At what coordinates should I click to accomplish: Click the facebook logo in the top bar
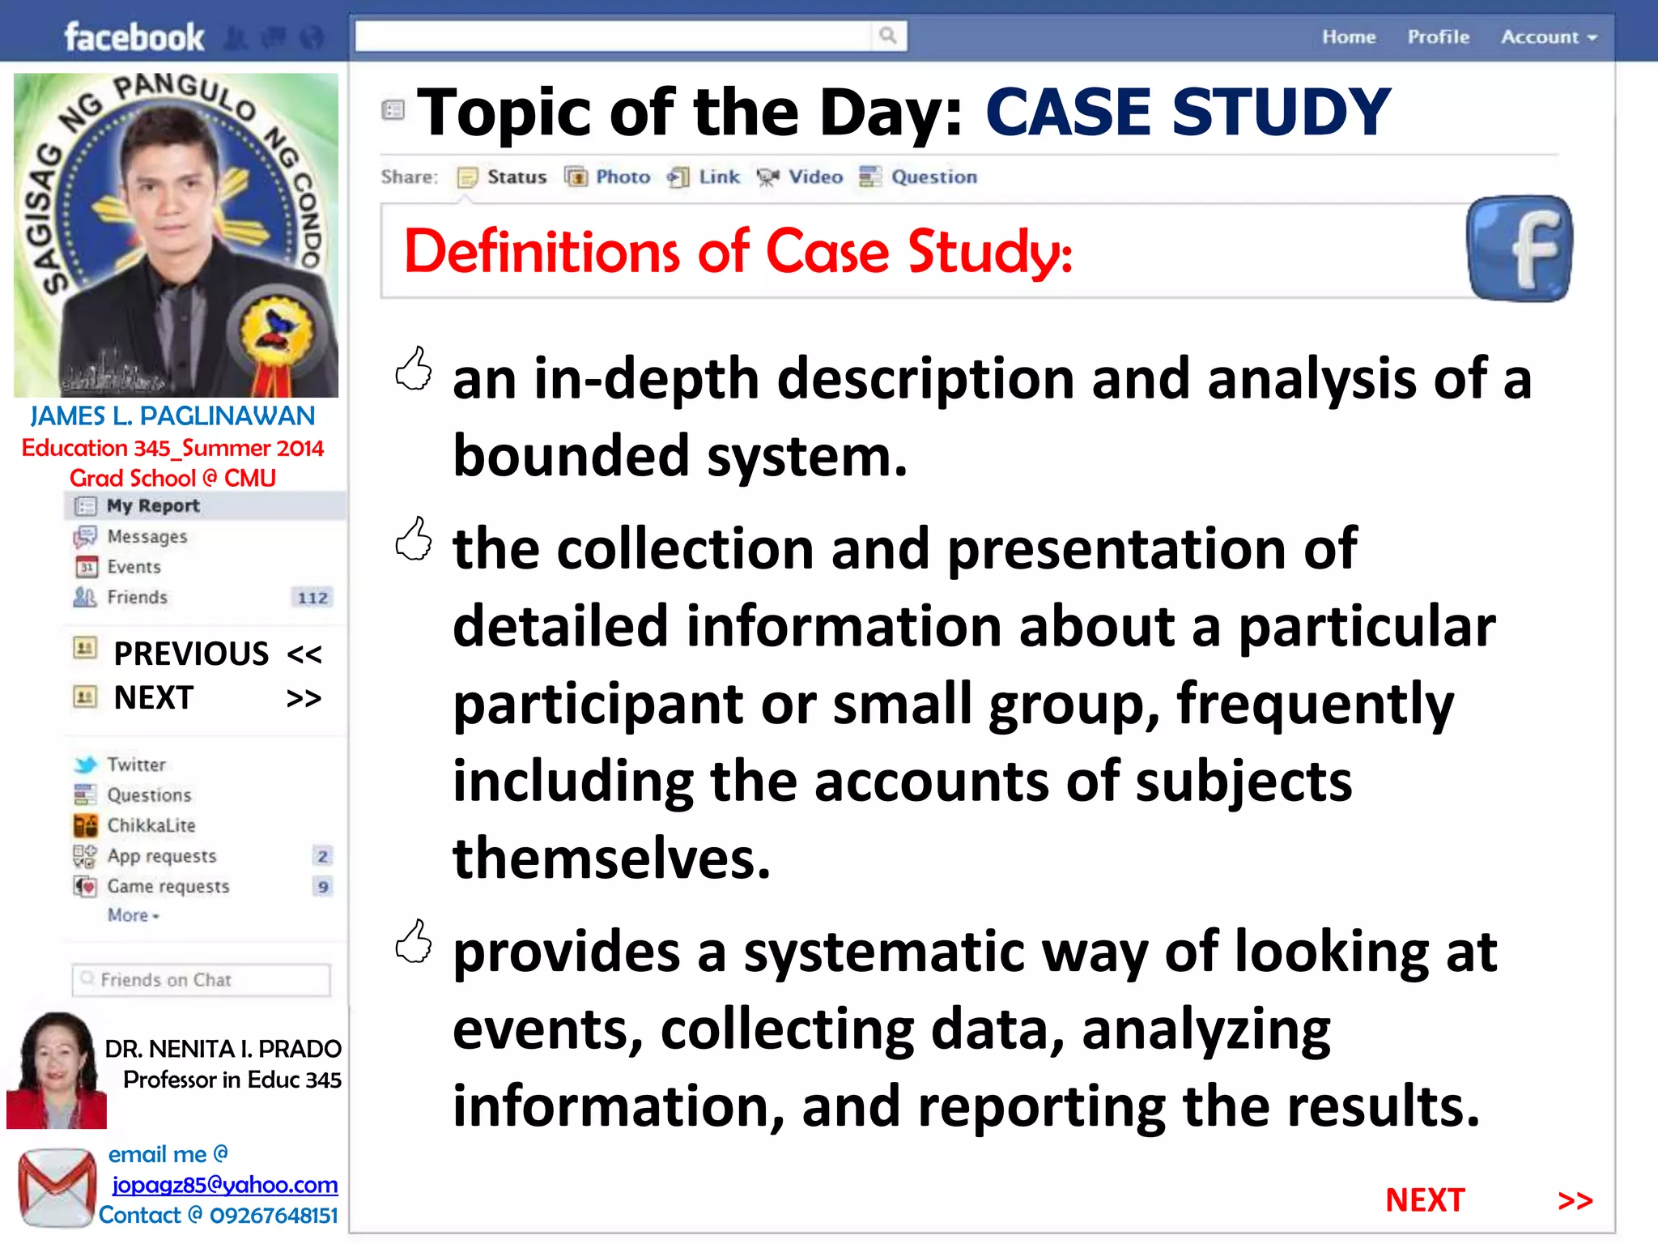[134, 37]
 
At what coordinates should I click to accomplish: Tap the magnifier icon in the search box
[887, 36]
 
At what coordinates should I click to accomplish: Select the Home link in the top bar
[1349, 37]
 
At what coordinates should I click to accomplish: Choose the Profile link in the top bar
[1438, 37]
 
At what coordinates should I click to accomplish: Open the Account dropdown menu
[1548, 37]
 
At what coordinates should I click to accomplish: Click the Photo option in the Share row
[609, 177]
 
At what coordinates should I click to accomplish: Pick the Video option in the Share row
[801, 177]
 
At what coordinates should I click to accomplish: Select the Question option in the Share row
[919, 177]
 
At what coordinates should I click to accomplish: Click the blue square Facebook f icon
[1520, 249]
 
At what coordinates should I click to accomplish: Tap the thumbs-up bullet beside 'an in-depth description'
[414, 370]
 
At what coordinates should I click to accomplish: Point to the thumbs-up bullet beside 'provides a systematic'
[414, 942]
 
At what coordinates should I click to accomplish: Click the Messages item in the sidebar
[147, 536]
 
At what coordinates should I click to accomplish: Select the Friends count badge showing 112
[312, 598]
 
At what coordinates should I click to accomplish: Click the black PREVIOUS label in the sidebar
[191, 654]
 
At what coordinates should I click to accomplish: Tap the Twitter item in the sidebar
[135, 765]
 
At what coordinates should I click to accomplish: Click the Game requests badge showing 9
[323, 887]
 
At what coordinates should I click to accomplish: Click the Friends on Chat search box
[201, 980]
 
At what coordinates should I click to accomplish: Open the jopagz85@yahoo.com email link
[224, 1185]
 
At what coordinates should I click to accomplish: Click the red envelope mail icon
[57, 1187]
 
